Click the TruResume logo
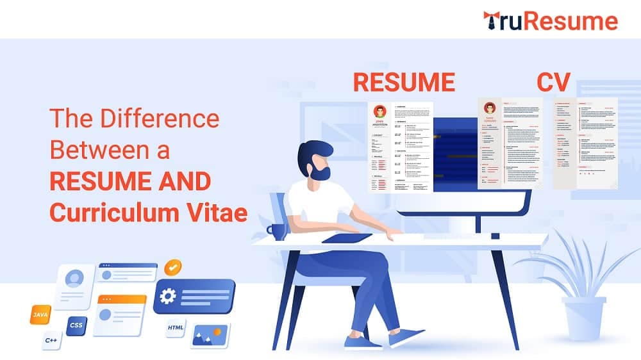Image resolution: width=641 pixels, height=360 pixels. pos(550,20)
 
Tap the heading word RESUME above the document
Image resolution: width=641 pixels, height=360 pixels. pos(404,83)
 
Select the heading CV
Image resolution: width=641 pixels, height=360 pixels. pos(554,83)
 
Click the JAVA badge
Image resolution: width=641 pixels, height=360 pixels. pos(40,315)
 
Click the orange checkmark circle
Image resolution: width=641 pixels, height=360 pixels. pos(172,267)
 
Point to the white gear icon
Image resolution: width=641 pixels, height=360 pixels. pos(169,295)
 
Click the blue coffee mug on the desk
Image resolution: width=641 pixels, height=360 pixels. pos(277,232)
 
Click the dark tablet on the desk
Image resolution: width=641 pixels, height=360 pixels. pos(346,238)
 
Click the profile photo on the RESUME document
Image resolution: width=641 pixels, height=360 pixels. pos(379,110)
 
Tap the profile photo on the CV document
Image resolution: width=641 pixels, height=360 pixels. pos(490,107)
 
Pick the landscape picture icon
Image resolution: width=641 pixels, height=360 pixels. pos(210,334)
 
